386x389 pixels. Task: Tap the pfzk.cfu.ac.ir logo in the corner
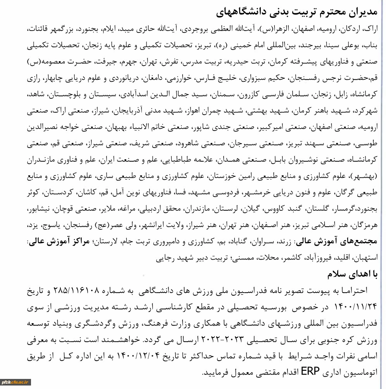[x=16, y=382]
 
